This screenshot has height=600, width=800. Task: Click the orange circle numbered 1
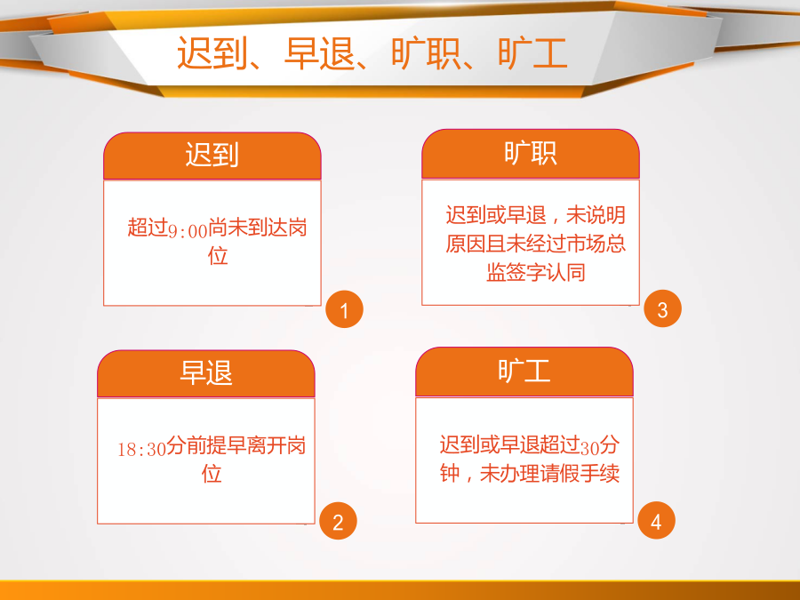[344, 309]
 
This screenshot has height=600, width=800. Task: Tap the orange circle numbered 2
[338, 521]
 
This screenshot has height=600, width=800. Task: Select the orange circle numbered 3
[663, 308]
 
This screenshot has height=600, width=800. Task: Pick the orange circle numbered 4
[656, 520]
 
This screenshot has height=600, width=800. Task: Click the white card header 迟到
[212, 154]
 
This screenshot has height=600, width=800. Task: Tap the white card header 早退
[205, 372]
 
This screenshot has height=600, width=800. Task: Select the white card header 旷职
[530, 153]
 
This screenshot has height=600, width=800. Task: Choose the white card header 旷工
[524, 371]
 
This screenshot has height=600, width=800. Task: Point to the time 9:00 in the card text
[188, 231]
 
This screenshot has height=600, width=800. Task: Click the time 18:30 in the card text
[142, 449]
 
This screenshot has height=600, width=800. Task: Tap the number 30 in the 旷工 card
[589, 448]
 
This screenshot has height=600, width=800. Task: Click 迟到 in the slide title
[212, 53]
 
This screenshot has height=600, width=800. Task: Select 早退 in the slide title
[319, 53]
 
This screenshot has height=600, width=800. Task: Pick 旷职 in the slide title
[426, 53]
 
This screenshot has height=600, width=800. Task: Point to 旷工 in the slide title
[532, 53]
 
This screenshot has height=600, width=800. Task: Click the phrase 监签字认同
[536, 273]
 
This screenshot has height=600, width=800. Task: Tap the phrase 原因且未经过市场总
[535, 244]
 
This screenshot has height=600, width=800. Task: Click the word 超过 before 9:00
[148, 228]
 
